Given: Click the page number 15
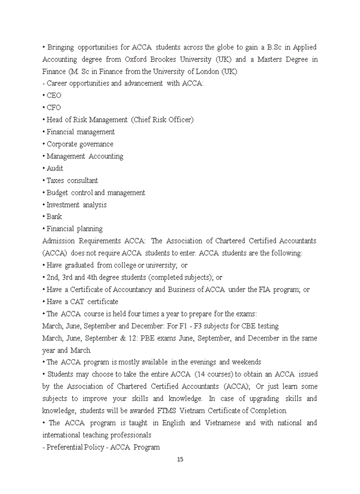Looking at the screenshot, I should [x=180, y=460].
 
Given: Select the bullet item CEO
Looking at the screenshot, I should [x=53, y=96].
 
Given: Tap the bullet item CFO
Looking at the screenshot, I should [x=53, y=108].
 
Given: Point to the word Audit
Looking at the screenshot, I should [x=55, y=168].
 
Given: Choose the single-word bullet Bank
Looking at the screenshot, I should [x=54, y=217].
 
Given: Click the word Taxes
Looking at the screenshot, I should [x=57, y=181].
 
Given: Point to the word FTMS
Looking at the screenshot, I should [x=168, y=411].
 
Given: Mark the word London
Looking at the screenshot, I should [x=209, y=72].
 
